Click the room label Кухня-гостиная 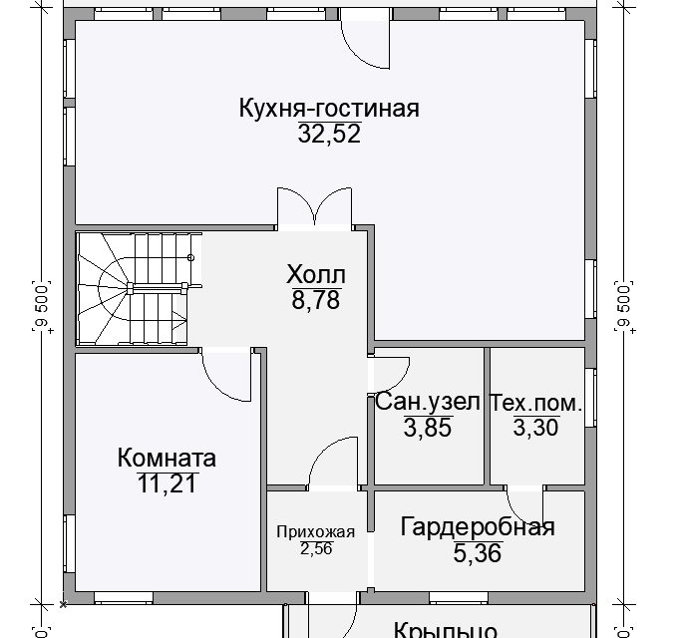pos(328,109)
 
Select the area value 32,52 pos(328,135)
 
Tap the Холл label pos(315,274)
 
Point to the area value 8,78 pos(315,299)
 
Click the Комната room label pos(167,459)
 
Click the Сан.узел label pos(428,403)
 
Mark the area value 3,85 pos(428,428)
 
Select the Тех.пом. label pos(535,403)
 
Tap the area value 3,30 pos(535,428)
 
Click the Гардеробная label pos(477,527)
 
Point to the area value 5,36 pos(477,552)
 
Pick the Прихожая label pos(315,530)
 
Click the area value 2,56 pos(315,547)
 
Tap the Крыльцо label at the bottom pos(446,630)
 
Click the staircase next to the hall pos(138,289)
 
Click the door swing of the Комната pos(225,374)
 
